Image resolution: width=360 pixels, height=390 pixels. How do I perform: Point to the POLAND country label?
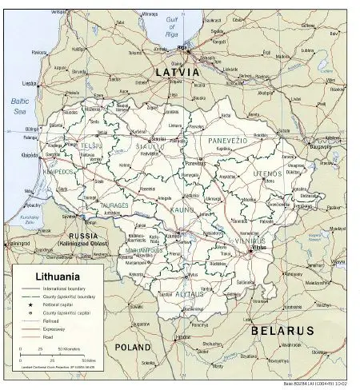click(132, 348)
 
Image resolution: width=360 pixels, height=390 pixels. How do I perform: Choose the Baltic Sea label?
click(19, 105)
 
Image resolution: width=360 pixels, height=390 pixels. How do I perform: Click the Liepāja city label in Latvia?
click(30, 83)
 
